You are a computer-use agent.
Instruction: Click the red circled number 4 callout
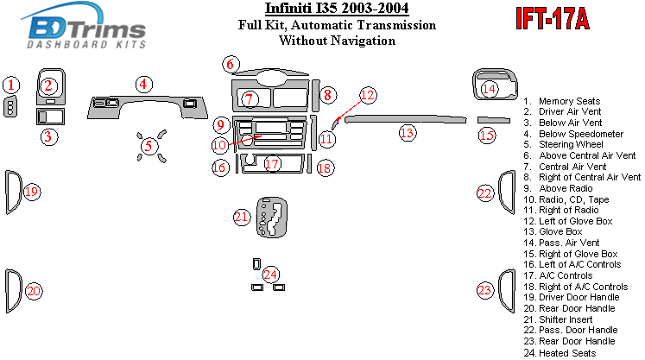144,84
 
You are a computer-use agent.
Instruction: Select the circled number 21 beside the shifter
242,217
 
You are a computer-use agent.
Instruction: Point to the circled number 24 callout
271,275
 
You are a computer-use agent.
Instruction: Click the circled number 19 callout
32,192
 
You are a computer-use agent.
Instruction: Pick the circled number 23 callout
485,289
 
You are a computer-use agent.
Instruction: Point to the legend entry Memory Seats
569,102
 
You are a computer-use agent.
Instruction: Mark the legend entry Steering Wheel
571,145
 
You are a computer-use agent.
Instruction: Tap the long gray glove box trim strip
406,119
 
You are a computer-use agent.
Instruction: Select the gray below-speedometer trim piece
149,107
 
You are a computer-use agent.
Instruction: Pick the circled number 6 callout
230,63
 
